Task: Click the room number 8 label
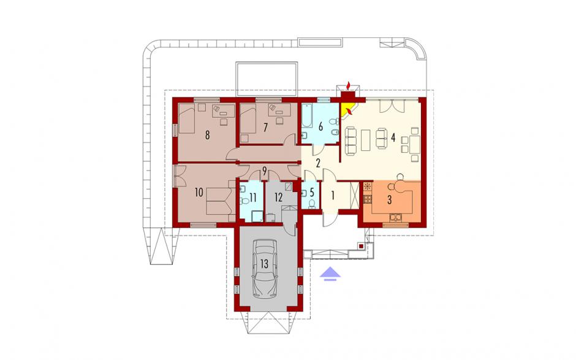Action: (x=207, y=136)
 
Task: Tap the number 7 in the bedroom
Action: (x=265, y=127)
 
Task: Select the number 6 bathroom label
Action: (x=320, y=127)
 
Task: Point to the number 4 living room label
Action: (x=393, y=137)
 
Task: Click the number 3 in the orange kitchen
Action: (x=390, y=200)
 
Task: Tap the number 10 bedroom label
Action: (x=199, y=193)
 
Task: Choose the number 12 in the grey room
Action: (x=278, y=197)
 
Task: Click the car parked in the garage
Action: (x=265, y=268)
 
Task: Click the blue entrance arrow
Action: (x=330, y=274)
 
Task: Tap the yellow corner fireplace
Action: (x=346, y=110)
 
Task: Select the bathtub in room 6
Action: (x=307, y=115)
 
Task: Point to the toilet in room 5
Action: (x=312, y=204)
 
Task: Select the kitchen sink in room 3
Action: (x=396, y=218)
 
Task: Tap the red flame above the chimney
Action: (x=349, y=85)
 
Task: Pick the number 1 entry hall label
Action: (x=333, y=196)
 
